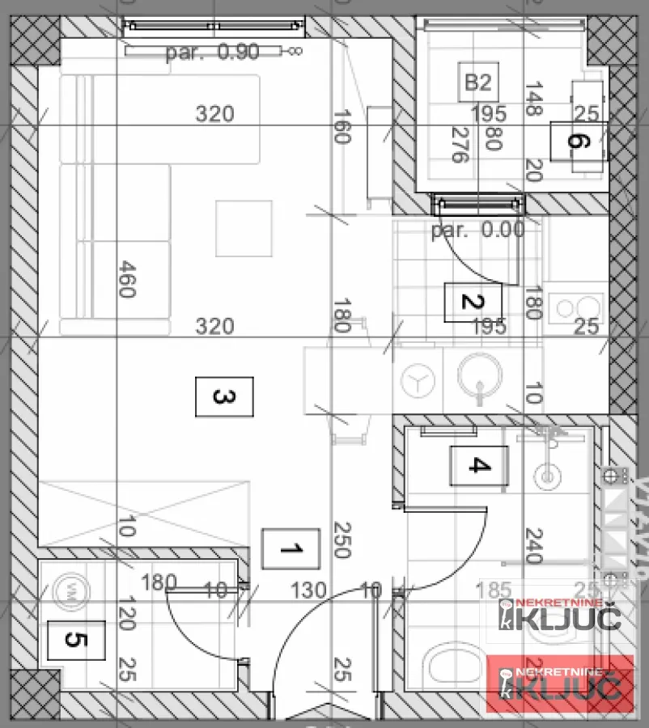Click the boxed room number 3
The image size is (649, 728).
[x=224, y=396]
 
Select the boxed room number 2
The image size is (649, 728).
[x=473, y=303]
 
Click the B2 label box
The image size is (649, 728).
[x=477, y=82]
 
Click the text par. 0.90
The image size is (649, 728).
[x=212, y=53]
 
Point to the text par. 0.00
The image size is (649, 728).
[x=477, y=230]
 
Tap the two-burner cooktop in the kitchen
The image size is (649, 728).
[x=575, y=305]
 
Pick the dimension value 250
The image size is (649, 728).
[x=340, y=540]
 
